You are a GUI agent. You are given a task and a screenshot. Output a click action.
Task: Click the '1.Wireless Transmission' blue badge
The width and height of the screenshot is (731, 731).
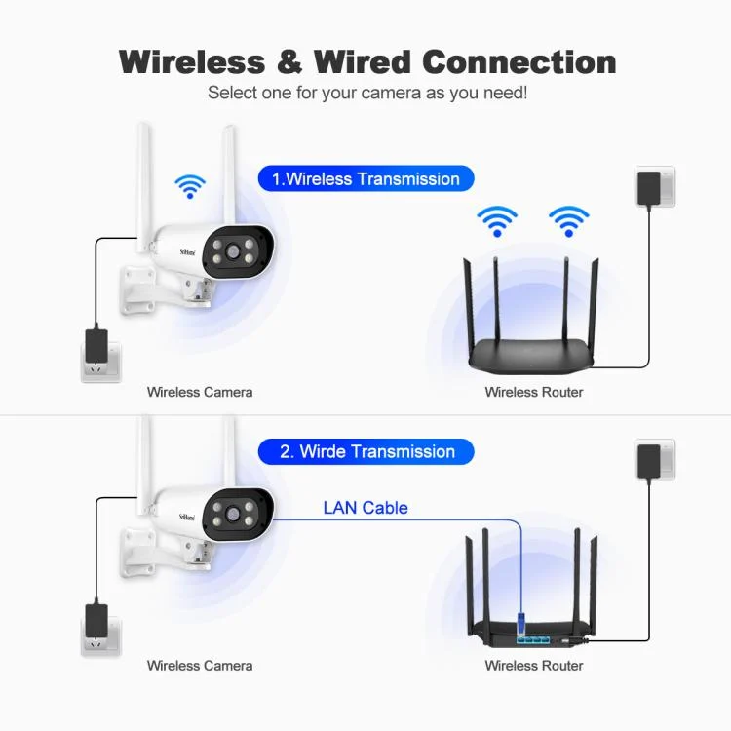(365, 179)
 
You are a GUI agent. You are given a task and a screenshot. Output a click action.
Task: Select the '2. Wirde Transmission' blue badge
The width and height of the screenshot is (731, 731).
(365, 452)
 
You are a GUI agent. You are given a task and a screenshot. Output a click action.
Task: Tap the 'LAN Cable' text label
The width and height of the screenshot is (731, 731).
(365, 508)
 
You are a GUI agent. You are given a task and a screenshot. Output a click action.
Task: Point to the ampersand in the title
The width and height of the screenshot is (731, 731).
(289, 61)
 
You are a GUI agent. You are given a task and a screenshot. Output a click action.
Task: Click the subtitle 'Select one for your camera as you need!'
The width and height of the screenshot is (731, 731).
(367, 94)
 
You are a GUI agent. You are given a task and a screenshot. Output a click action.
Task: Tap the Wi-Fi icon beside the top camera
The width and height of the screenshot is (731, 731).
(189, 185)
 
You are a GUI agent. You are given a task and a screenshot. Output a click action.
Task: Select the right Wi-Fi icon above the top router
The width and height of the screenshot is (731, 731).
(568, 220)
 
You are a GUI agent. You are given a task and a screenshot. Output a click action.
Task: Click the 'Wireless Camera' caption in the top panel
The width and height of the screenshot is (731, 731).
(200, 392)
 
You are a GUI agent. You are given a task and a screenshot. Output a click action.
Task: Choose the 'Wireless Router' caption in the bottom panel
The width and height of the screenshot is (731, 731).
(534, 666)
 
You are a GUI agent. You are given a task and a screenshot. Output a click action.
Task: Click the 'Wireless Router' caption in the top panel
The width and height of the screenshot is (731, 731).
(534, 392)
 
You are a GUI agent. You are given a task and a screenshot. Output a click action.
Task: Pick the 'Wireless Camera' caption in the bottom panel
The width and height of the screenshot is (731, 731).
(200, 666)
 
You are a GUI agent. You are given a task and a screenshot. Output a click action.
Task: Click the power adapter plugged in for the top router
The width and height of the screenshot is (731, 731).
(648, 187)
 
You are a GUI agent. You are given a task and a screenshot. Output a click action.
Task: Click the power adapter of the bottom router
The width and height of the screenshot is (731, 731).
(648, 460)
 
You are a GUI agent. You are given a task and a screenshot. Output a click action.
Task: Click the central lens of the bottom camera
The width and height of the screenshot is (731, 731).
(235, 514)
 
